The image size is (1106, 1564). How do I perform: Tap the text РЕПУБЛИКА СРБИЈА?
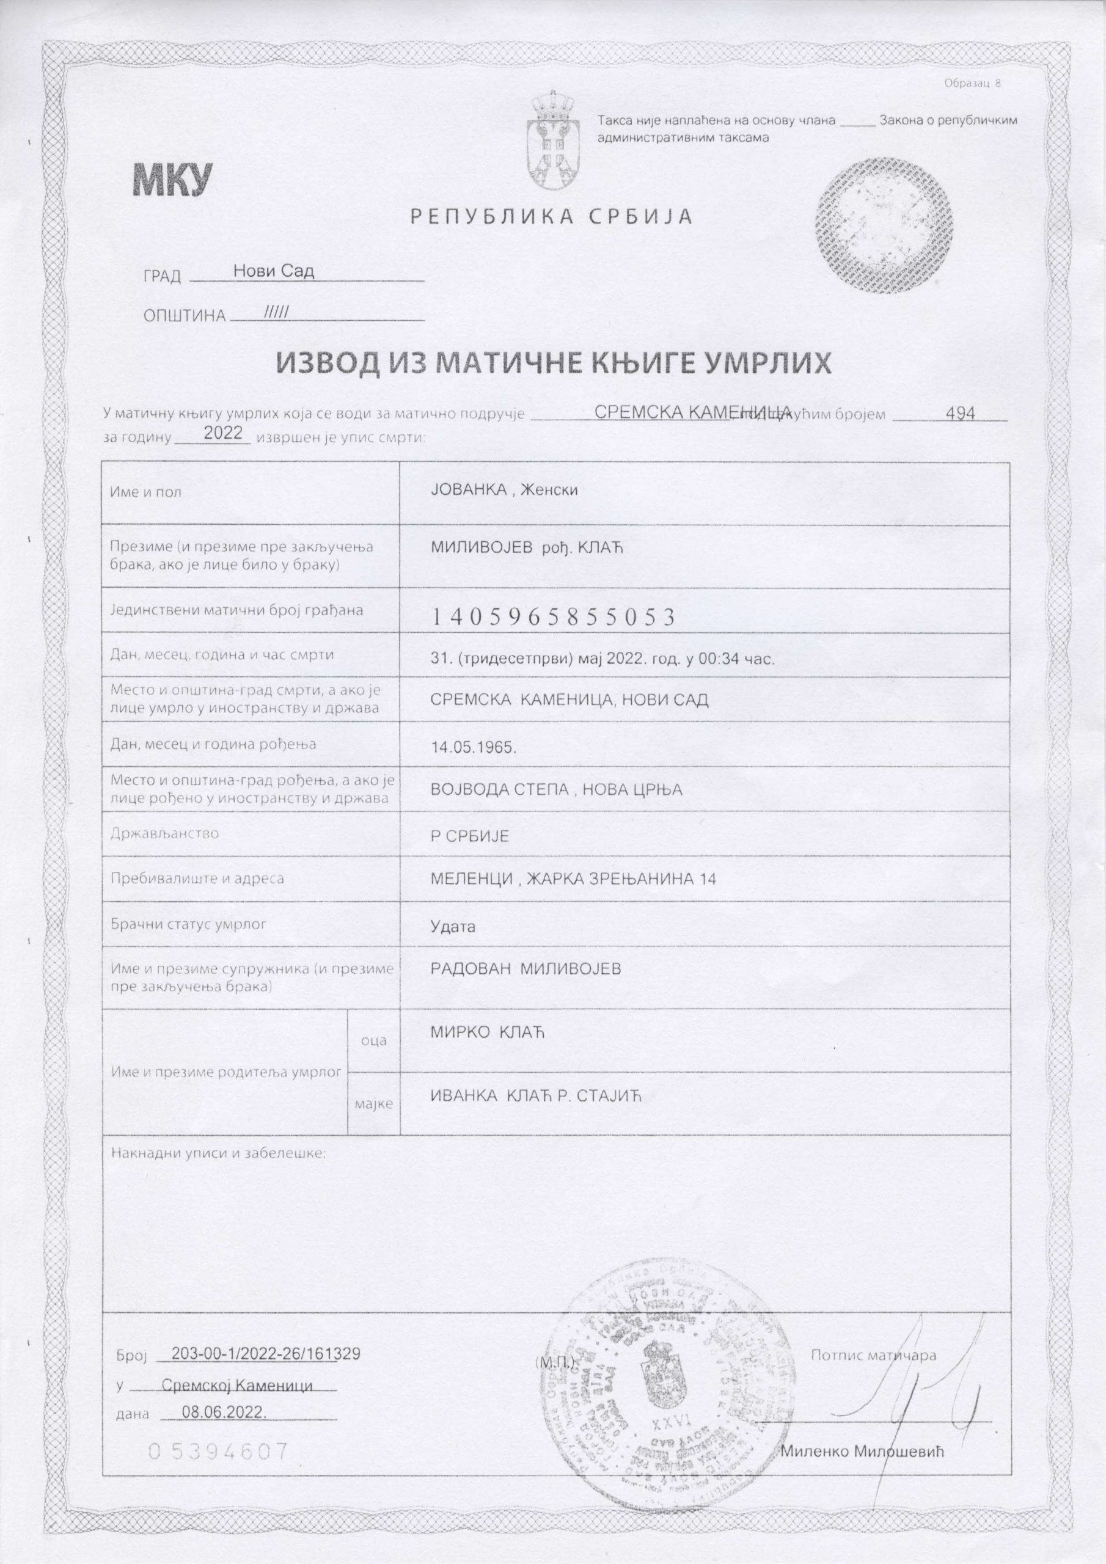(x=551, y=217)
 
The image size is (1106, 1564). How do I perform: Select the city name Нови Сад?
(x=273, y=271)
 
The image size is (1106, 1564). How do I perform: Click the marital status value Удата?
(x=453, y=926)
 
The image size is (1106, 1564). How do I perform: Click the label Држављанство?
(x=164, y=833)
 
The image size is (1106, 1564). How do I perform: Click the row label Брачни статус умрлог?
(x=188, y=924)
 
